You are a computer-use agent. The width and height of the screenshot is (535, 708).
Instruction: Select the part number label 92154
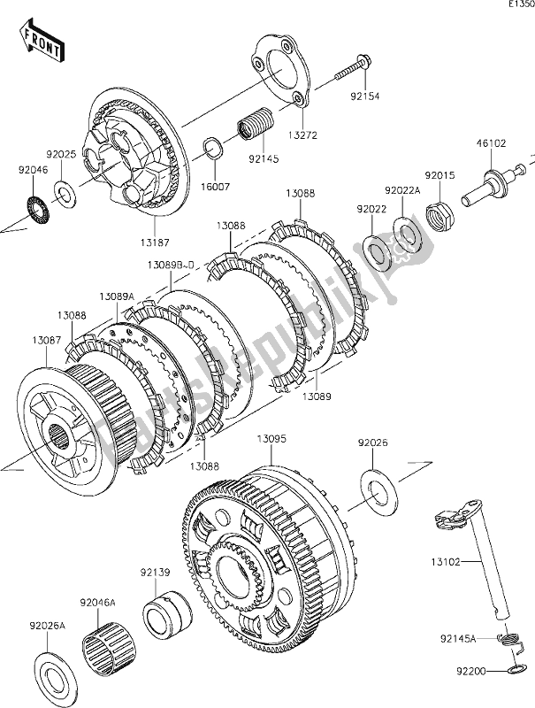[365, 96]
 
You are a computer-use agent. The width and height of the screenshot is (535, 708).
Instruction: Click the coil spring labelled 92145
[256, 121]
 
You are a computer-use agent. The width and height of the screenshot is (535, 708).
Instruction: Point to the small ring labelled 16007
[213, 148]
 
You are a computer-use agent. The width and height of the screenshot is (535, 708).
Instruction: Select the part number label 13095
[271, 438]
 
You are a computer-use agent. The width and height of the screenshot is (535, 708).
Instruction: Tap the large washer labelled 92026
[378, 489]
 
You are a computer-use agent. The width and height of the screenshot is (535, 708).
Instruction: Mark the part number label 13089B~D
[170, 264]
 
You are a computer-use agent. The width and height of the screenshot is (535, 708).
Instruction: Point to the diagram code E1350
[522, 4]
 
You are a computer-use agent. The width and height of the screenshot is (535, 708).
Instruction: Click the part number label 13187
[154, 242]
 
